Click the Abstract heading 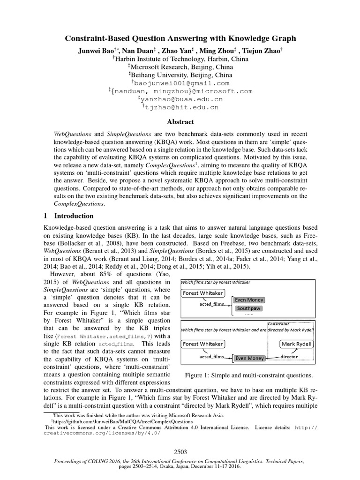click(x=180, y=122)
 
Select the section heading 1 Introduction click(x=68, y=216)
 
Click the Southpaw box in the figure click(x=249, y=309)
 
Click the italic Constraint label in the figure click(x=278, y=323)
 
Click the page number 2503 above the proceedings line click(x=180, y=452)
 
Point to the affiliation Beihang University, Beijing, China click(x=180, y=75)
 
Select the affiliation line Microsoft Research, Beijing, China click(x=180, y=67)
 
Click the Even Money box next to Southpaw click(x=249, y=300)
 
